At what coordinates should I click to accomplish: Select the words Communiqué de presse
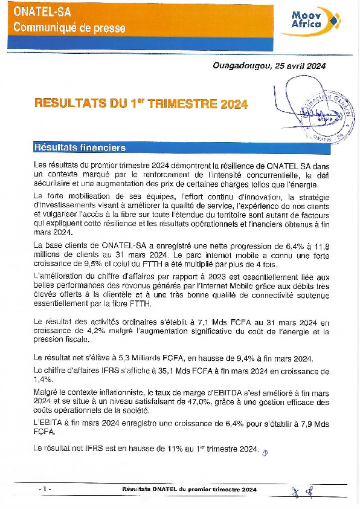[69, 27]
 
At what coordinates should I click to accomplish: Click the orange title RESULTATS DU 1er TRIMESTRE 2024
[141, 104]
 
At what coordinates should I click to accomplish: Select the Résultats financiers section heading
[80, 147]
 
